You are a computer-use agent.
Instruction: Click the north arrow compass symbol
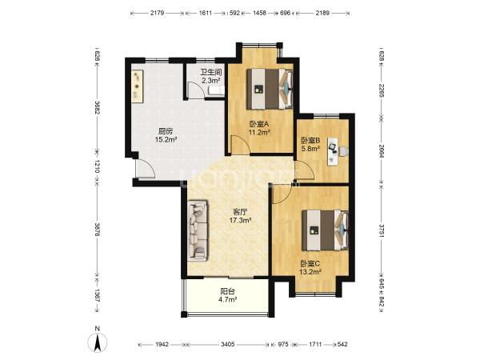pos(98,341)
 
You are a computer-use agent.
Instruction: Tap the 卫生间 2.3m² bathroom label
pos(211,77)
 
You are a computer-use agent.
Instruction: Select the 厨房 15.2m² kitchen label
pos(166,136)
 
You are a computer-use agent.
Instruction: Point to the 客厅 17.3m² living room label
pos(241,216)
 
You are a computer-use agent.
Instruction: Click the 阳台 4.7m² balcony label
pos(227,296)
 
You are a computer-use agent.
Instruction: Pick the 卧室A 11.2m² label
pos(259,128)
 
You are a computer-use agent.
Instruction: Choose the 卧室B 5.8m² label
pos(310,145)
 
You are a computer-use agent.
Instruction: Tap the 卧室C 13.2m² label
pos(310,267)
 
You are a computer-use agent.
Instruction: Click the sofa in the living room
pos(198,230)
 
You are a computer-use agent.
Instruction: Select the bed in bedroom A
pos(270,89)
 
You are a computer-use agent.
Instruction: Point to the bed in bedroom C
pos(325,230)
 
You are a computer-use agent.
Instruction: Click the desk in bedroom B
pos(333,151)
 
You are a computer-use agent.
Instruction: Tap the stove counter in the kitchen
pos(138,86)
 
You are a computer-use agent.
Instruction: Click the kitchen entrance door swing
pos(146,167)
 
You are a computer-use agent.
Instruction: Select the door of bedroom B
pos(305,170)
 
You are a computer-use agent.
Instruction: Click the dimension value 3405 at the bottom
pos(227,344)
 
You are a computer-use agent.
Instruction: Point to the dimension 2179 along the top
pos(158,13)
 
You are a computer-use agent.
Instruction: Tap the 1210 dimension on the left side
pos(97,166)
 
